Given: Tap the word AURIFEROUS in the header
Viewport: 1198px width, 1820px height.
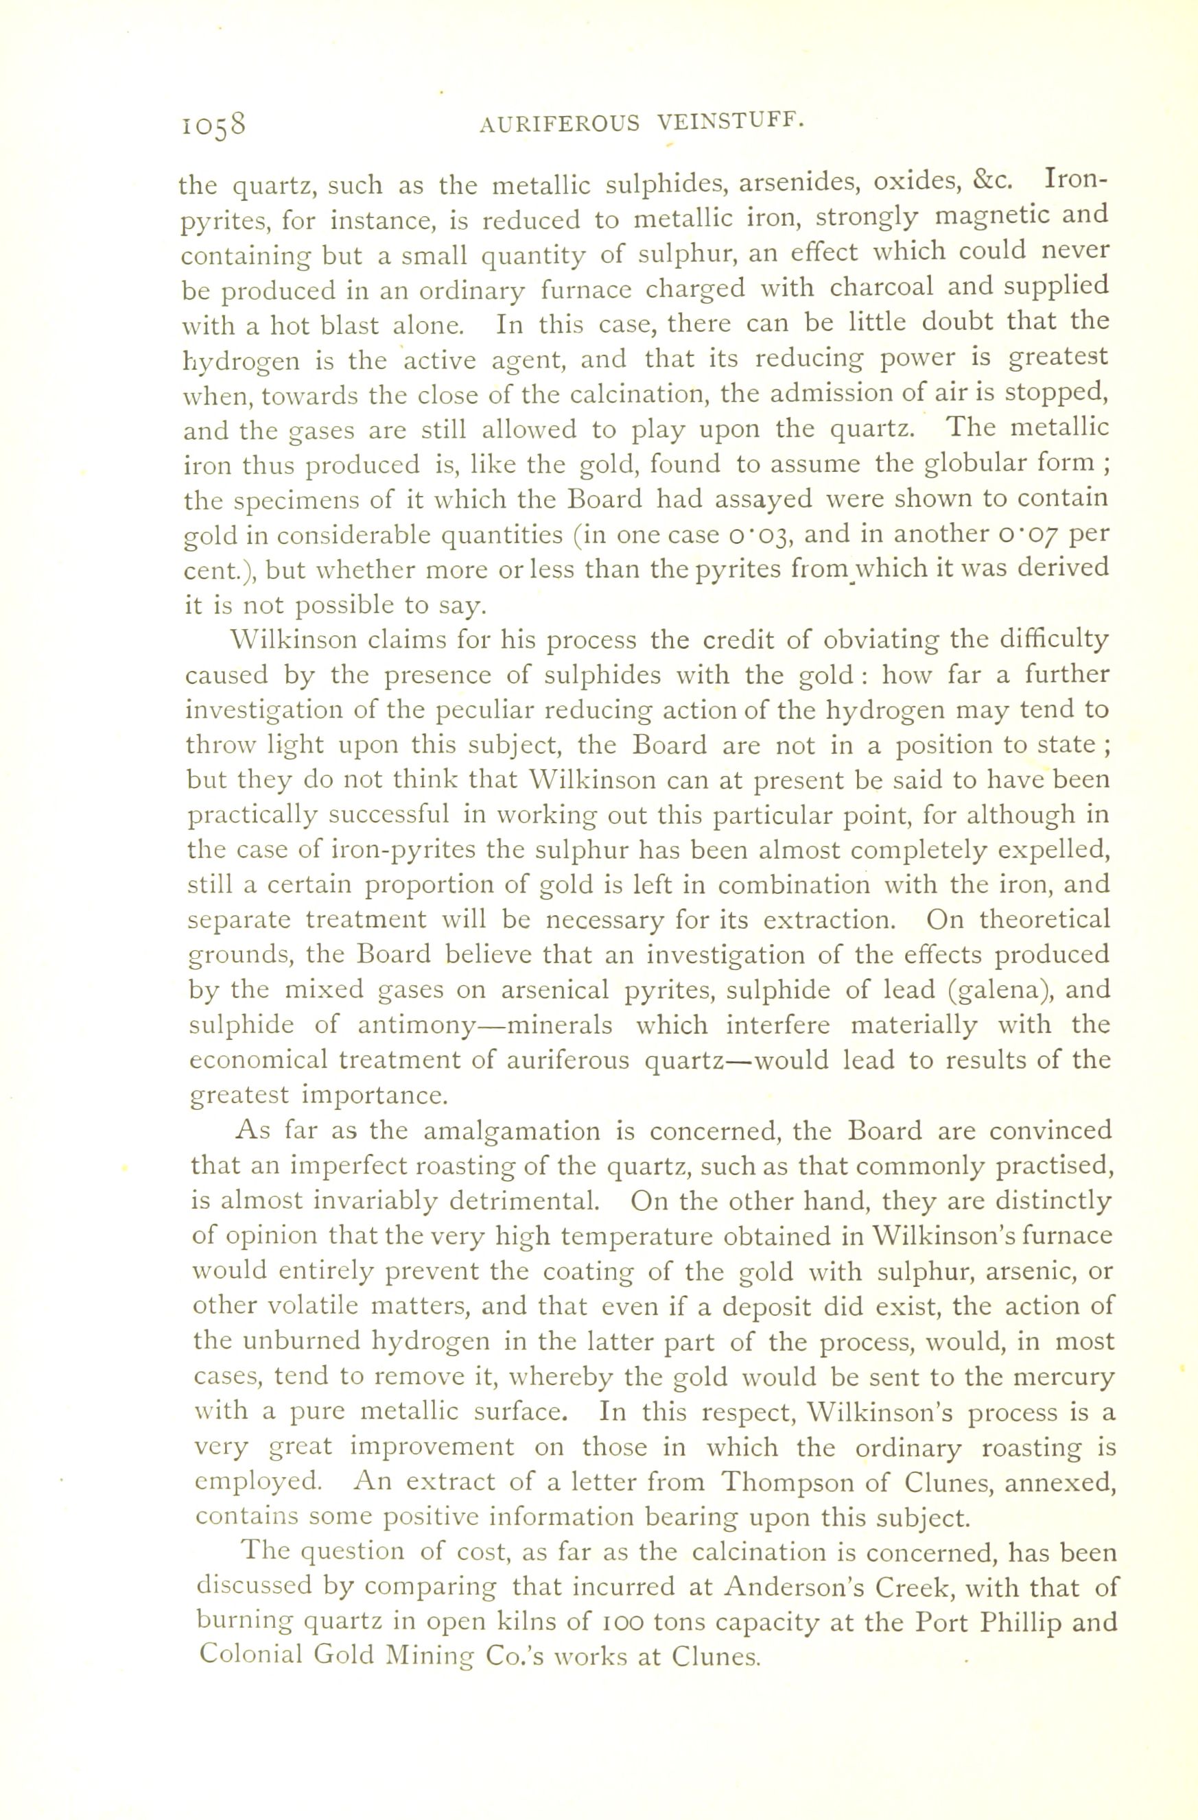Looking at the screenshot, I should click(x=559, y=124).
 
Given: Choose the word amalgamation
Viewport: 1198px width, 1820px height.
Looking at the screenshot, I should click(x=503, y=1131).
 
